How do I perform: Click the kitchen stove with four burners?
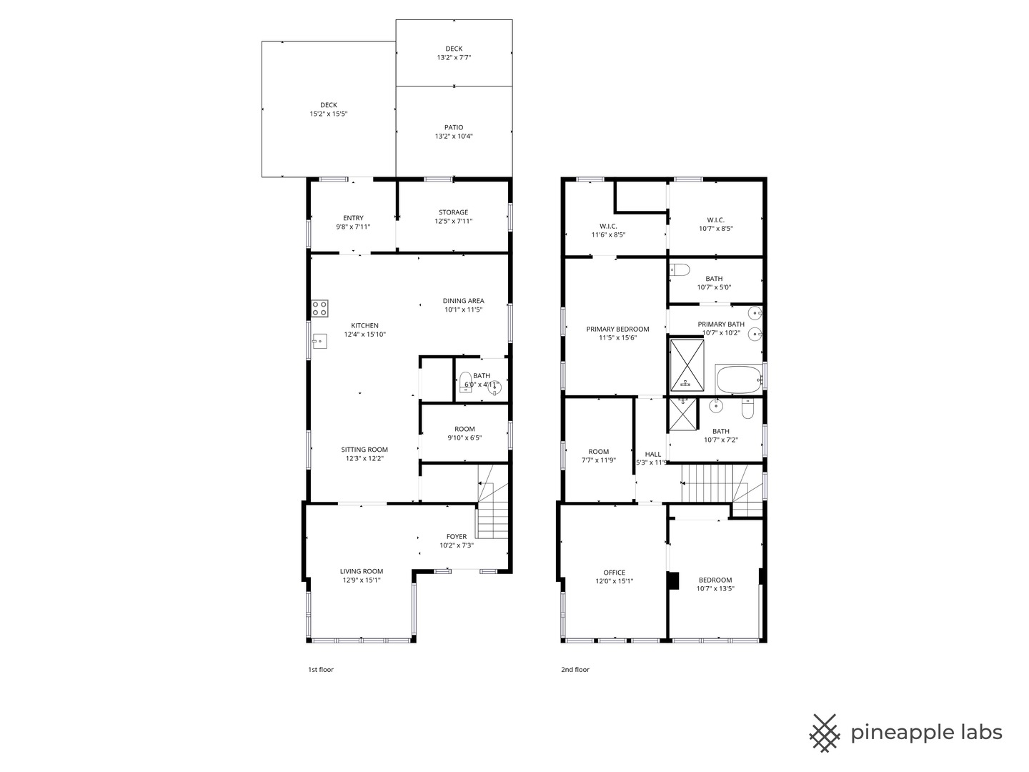pos(319,308)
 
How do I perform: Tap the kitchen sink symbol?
pos(319,341)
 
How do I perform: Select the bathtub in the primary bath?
pos(738,379)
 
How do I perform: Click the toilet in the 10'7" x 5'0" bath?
pos(680,270)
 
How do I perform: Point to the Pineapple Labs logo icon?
pos(825,733)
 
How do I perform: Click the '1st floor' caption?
pos(321,669)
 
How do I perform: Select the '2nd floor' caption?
pos(575,669)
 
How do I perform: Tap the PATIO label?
pos(454,127)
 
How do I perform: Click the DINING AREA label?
pos(463,301)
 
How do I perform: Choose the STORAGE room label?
pos(453,212)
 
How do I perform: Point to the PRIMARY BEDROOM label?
pos(617,329)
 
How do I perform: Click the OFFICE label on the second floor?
pos(614,573)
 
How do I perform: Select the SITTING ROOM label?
pos(364,450)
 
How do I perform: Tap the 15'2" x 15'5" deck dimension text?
pos(328,114)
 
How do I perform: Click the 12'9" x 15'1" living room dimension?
pos(361,580)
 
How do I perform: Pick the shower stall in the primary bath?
pos(687,365)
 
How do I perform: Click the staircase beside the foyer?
pos(492,502)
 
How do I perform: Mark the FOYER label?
pos(456,537)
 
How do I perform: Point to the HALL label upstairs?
pos(652,454)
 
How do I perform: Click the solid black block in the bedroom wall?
pos(673,580)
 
